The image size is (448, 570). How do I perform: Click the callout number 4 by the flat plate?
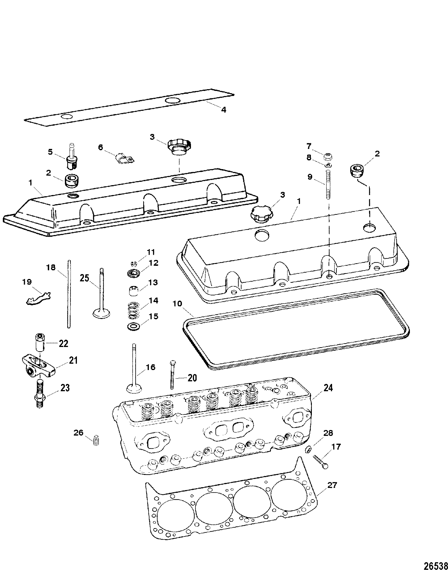223,110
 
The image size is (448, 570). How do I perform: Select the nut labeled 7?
327,157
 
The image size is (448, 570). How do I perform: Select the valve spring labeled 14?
134,310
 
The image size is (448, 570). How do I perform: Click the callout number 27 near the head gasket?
332,485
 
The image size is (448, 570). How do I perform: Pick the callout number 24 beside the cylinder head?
328,388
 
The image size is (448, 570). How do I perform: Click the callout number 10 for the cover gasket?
177,304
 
